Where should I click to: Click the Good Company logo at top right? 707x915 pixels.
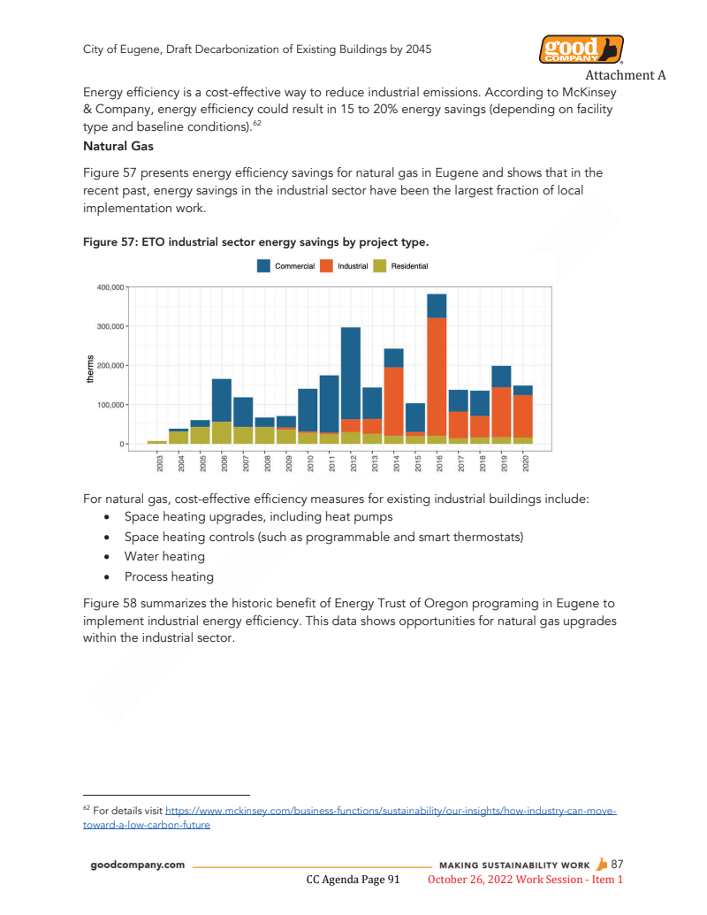[x=581, y=50]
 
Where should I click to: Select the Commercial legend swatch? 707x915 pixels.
[x=263, y=266]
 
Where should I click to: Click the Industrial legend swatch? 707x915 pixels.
[x=326, y=266]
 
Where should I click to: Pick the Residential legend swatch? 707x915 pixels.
[x=379, y=266]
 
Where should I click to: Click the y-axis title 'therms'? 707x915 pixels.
[x=90, y=366]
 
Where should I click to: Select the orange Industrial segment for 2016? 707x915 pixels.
[x=437, y=376]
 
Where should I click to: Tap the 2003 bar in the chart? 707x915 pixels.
[x=157, y=441]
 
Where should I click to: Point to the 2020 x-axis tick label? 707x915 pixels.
[x=525, y=462]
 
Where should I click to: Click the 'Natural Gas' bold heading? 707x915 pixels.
[x=118, y=146]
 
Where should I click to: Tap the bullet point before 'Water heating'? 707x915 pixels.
[x=107, y=557]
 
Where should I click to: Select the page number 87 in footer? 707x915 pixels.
[x=618, y=864]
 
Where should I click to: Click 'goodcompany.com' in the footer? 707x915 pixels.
[x=138, y=865]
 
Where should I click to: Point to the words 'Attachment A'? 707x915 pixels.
[x=625, y=75]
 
